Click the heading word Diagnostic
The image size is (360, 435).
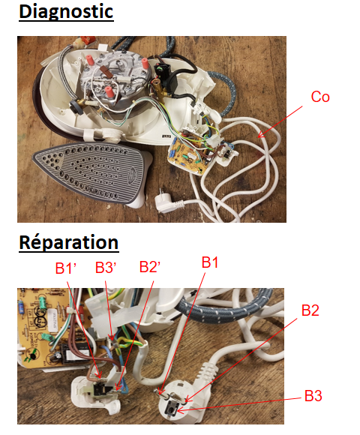66,12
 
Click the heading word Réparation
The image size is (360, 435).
69,242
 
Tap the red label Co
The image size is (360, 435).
320,97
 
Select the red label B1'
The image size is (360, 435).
66,268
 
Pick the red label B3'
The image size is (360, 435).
106,268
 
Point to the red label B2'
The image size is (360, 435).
150,267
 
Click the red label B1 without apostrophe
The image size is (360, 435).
210,262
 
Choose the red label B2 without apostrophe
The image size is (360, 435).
310,310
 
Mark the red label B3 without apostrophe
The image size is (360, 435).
313,395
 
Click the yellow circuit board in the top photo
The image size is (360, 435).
189,152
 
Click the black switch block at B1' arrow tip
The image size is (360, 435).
99,389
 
